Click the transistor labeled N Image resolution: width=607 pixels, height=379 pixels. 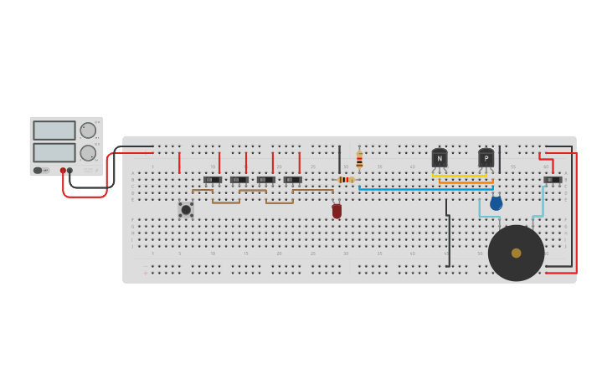440,157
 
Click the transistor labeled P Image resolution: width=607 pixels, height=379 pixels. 486,157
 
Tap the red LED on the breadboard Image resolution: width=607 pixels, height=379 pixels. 337,211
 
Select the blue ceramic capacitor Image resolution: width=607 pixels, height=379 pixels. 496,202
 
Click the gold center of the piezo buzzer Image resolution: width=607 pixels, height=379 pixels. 516,253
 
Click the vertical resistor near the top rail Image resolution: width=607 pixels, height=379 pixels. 359,159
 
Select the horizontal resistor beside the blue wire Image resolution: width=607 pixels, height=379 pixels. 346,180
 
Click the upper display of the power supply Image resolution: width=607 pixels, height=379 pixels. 54,131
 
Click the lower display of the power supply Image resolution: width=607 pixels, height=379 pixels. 54,152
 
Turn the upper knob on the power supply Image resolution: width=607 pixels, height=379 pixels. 88,131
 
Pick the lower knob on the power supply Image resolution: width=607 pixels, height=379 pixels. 88,153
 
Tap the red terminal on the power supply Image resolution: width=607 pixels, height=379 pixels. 63,171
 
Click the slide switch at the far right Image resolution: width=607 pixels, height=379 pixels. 553,180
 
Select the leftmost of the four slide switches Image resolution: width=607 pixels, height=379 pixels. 213,180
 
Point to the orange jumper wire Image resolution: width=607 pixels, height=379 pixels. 466,182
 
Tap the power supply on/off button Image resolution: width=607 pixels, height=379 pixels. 39,170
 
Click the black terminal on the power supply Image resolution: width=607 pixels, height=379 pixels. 69,171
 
